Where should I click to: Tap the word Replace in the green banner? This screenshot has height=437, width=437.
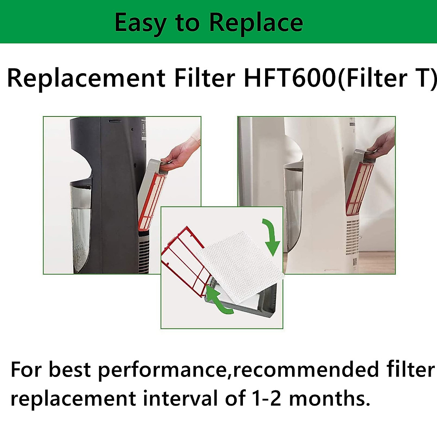(x=256, y=23)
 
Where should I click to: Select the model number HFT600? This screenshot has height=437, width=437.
(x=290, y=78)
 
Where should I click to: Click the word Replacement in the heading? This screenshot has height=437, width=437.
(x=86, y=78)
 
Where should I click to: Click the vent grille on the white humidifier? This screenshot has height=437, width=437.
(x=353, y=238)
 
